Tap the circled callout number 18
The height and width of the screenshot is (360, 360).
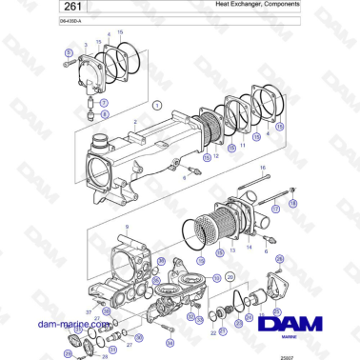292,203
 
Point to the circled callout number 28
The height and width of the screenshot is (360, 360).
68,352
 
